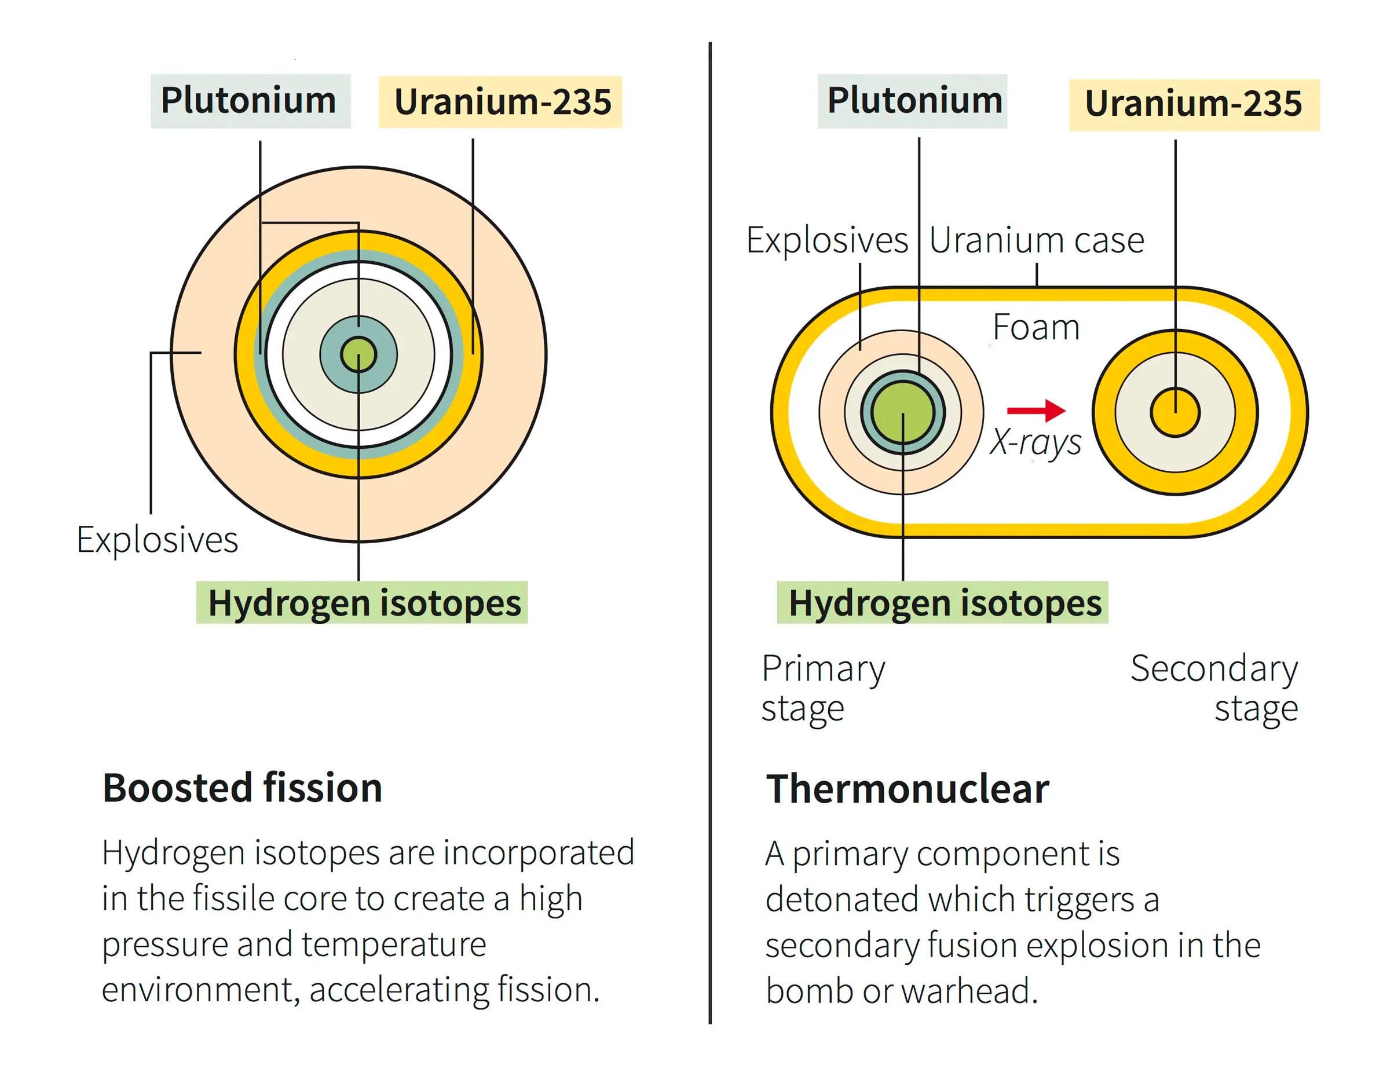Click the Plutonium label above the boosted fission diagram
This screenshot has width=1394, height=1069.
[x=250, y=101]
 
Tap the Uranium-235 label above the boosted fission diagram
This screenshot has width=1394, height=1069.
[x=502, y=102]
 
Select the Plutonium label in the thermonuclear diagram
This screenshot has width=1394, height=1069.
[x=913, y=101]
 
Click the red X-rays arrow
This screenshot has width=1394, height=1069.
[x=1035, y=410]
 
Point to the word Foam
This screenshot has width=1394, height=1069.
[x=1035, y=328]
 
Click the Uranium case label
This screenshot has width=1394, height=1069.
[x=1036, y=240]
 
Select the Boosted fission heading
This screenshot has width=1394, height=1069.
[x=243, y=788]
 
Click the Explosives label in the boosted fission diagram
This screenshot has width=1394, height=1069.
[x=157, y=540]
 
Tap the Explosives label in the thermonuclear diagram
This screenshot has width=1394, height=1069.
[x=826, y=240]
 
